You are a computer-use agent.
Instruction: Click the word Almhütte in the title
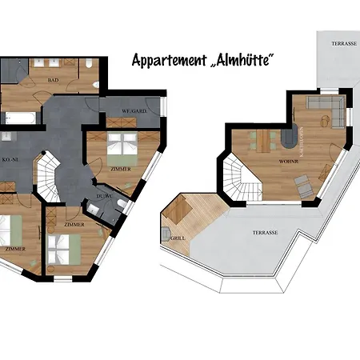[x=247, y=59]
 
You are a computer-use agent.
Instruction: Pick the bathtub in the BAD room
[x=19, y=118]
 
